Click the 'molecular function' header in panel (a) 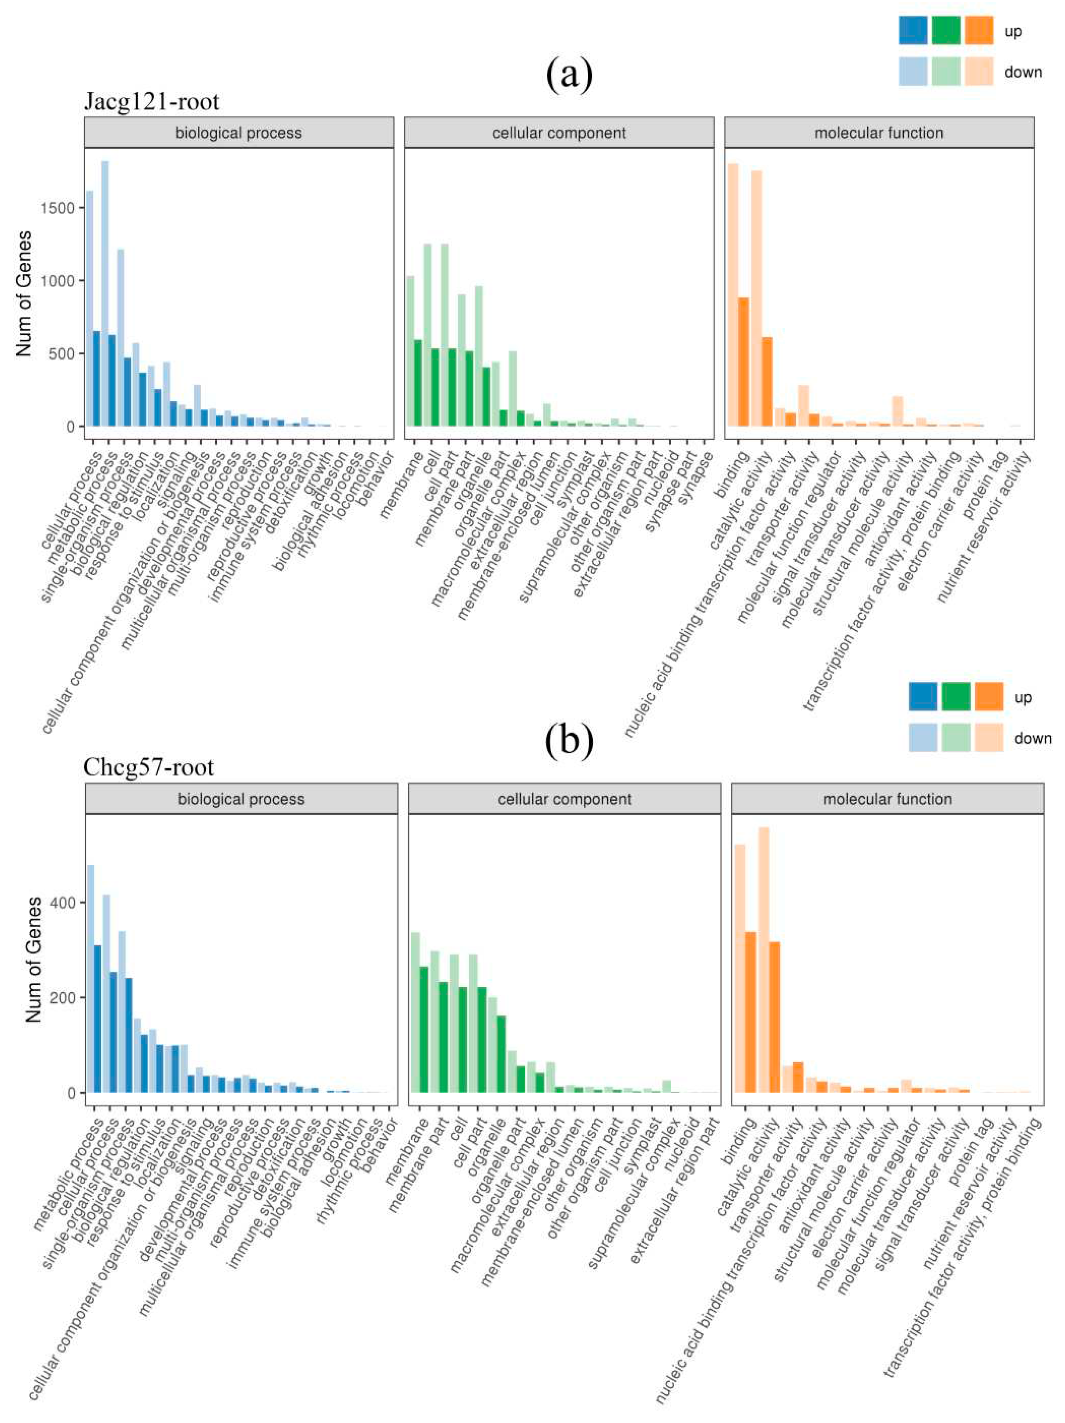878,133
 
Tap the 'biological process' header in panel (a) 239,133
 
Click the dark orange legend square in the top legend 979,30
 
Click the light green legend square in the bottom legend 956,737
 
